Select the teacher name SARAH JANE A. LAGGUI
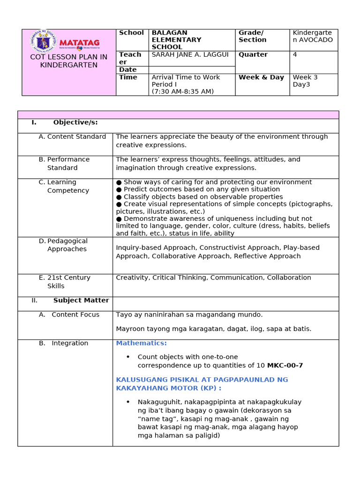190,55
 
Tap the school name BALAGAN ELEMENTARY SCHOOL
176,40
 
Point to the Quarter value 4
295,55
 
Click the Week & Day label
261,77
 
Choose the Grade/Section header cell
253,36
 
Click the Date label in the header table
127,70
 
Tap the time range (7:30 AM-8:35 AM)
182,92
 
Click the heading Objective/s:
75,122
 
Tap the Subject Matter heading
81,300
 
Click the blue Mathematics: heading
141,343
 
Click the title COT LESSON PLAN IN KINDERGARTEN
69,61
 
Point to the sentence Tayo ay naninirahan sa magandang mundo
189,315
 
